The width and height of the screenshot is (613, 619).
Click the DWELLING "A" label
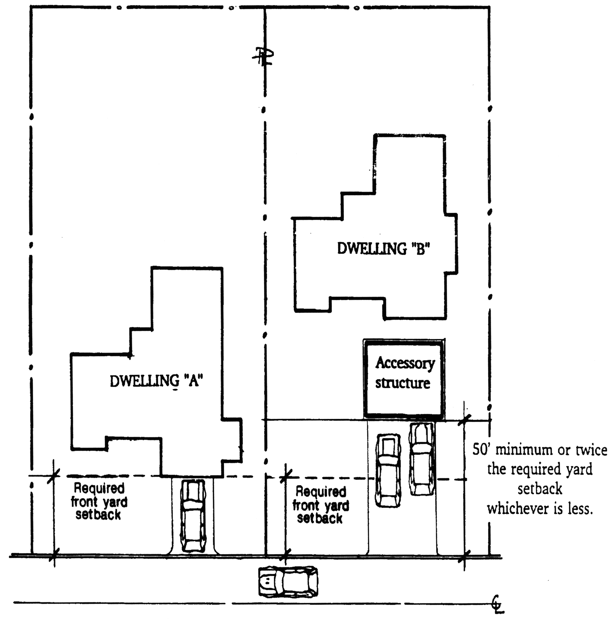tap(156, 381)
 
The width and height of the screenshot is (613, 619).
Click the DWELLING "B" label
tap(383, 248)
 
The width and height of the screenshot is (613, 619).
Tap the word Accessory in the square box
tap(405, 363)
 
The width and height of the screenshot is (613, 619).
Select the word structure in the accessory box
tap(403, 383)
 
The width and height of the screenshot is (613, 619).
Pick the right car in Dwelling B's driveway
tap(422, 459)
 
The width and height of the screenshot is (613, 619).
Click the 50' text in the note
tap(482, 450)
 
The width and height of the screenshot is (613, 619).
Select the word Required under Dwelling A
tap(99, 488)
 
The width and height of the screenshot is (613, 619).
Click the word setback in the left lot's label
tap(98, 514)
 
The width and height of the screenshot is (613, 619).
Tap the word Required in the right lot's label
tap(321, 492)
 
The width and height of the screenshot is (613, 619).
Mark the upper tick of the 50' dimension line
tap(464, 420)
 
